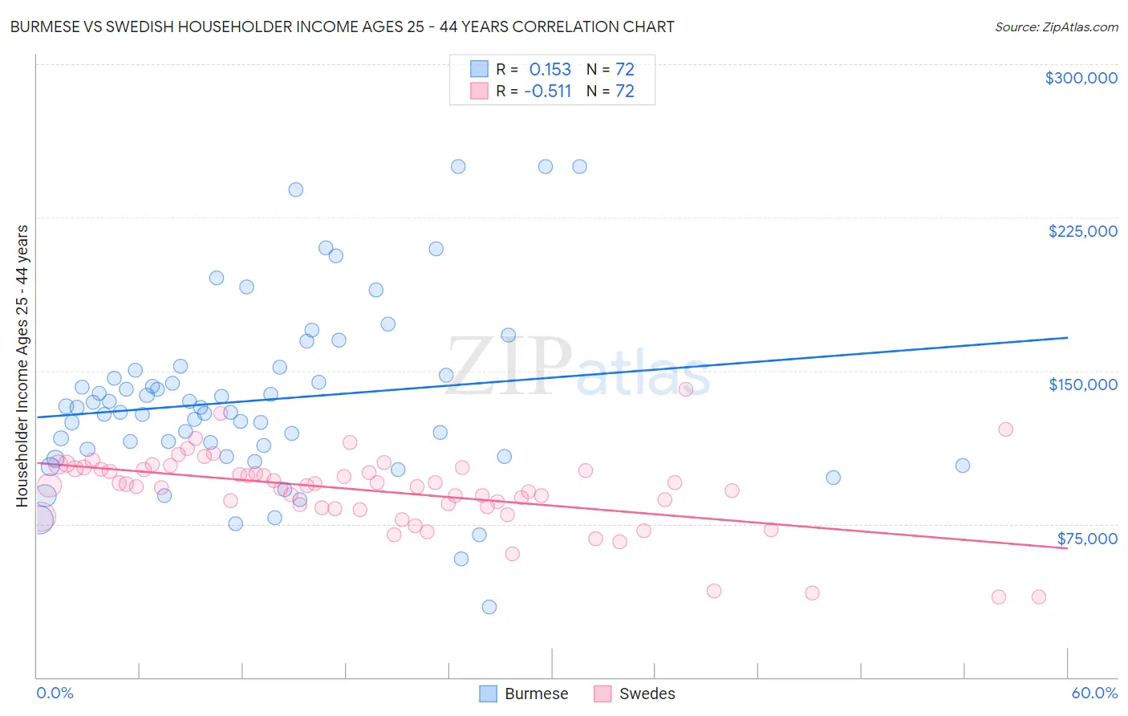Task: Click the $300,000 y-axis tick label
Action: click(x=1081, y=78)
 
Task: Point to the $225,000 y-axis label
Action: click(x=1082, y=231)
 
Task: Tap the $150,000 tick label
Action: click(x=1082, y=384)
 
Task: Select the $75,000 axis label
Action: click(x=1086, y=539)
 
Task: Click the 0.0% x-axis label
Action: click(x=55, y=693)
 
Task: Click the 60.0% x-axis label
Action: click(x=1094, y=693)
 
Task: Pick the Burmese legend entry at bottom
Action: click(x=524, y=694)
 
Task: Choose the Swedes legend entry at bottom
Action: click(x=635, y=694)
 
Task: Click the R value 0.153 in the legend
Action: click(x=550, y=69)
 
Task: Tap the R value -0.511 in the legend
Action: click(x=547, y=91)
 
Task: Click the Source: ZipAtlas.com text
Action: click(x=1056, y=26)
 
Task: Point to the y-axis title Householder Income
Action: click(x=22, y=365)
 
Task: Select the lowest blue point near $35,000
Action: click(x=489, y=607)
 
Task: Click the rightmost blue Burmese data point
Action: click(x=963, y=466)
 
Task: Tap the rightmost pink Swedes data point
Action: click(x=1038, y=596)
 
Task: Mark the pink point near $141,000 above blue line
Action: click(x=685, y=389)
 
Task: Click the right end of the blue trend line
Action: click(x=1067, y=338)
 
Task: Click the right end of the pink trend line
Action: click(x=1067, y=548)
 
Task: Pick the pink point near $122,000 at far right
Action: click(x=1005, y=429)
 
